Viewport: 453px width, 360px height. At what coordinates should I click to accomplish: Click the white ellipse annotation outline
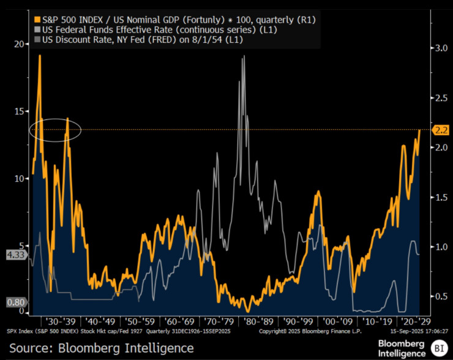coord(55,118)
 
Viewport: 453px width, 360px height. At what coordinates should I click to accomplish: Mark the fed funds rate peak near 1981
coord(244,56)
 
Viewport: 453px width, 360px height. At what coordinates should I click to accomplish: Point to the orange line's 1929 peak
coord(40,56)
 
